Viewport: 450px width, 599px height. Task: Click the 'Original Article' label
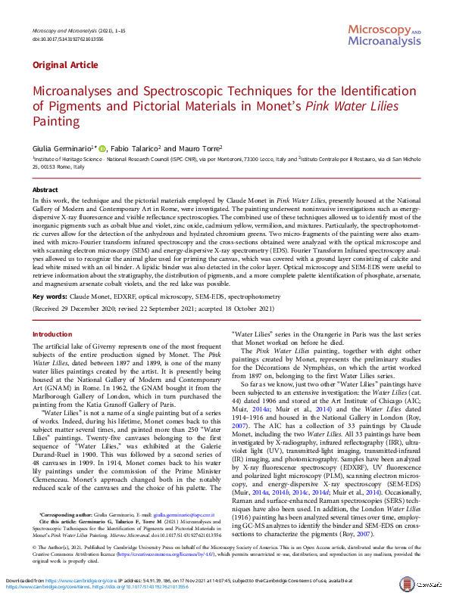coord(60,66)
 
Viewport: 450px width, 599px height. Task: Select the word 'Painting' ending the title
coord(55,121)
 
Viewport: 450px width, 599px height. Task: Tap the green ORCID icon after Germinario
coord(103,149)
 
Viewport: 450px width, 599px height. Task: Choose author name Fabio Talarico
coord(137,149)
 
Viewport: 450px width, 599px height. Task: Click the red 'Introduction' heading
coord(52,334)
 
